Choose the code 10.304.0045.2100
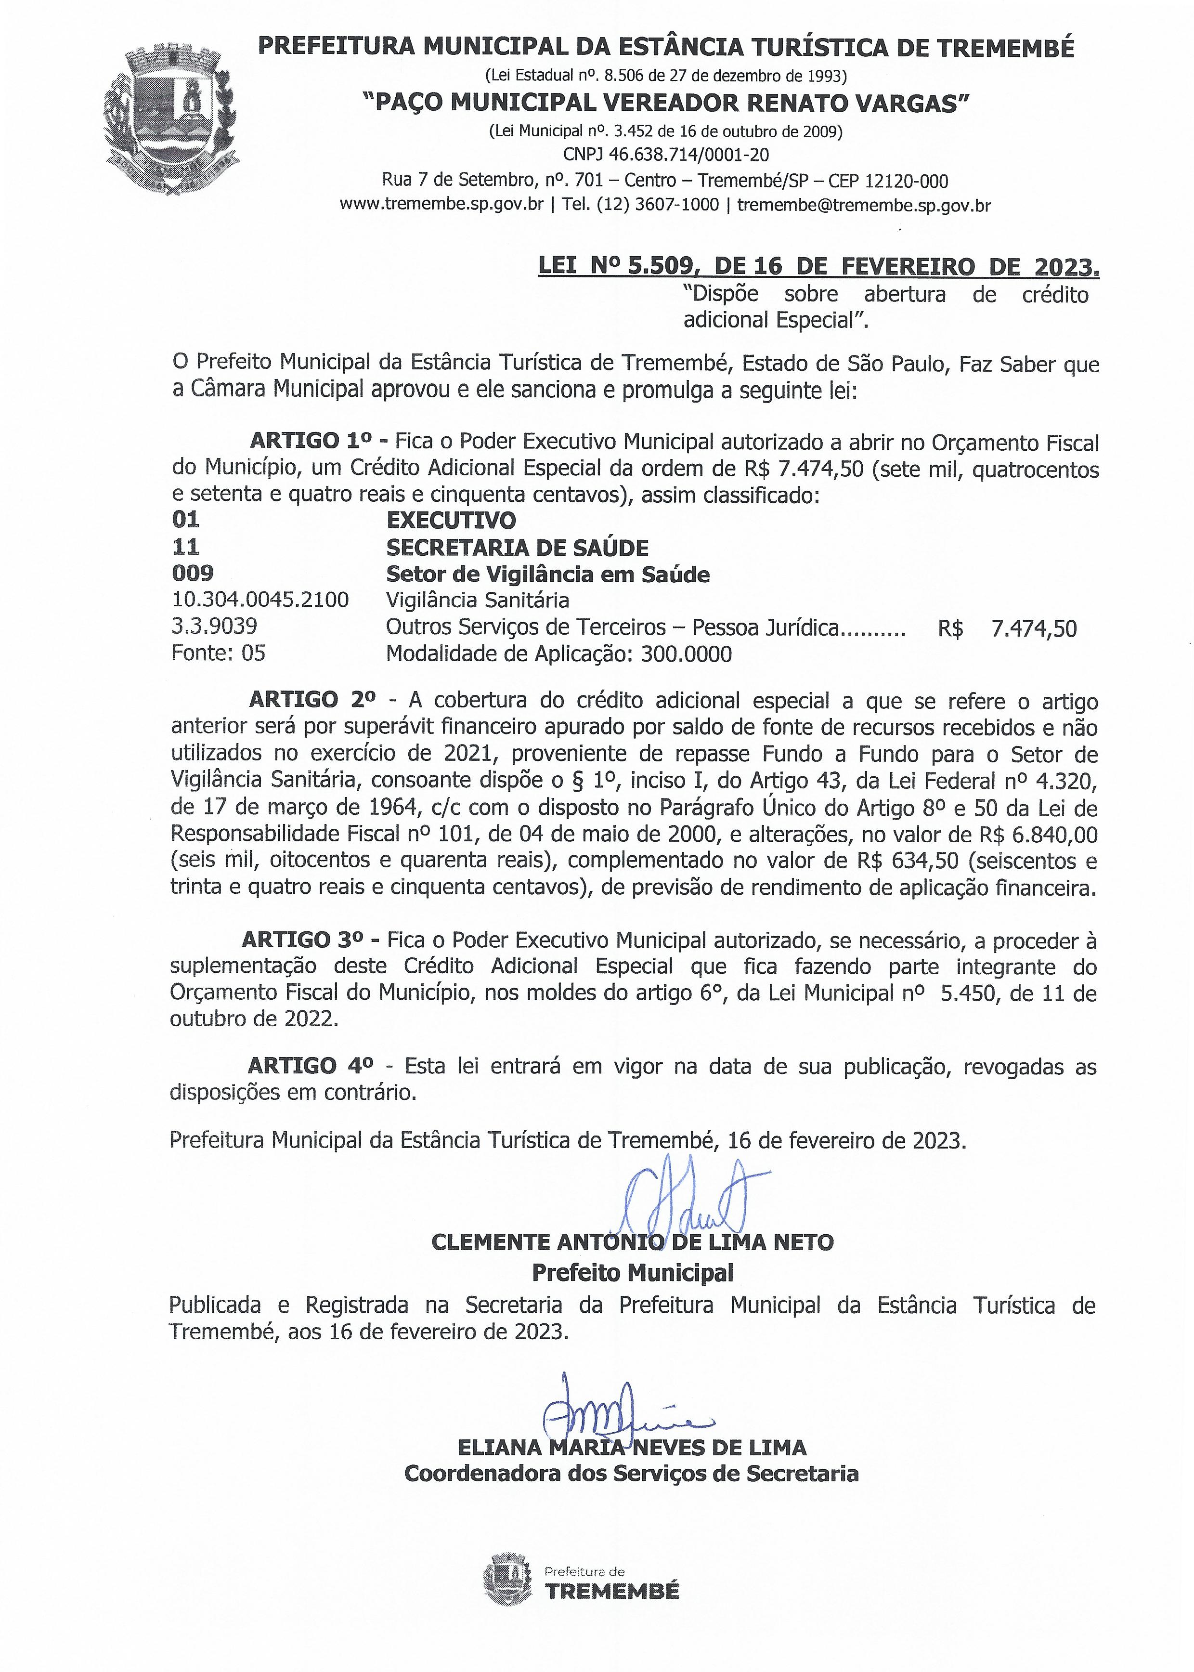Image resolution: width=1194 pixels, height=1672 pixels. click(260, 600)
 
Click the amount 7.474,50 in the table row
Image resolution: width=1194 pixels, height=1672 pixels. click(1034, 628)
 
